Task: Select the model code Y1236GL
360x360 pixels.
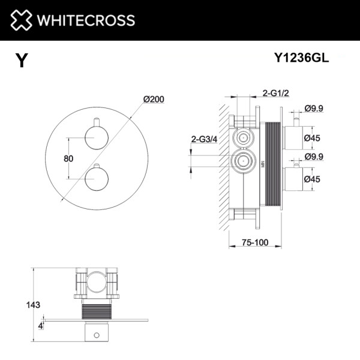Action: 301,59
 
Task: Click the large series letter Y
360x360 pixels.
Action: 22,61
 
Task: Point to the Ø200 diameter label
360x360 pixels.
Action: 154,100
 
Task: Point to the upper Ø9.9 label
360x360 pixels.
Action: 314,109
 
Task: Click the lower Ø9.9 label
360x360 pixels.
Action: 314,157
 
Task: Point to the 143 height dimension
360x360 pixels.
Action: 34,305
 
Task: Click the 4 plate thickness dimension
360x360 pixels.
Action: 40,326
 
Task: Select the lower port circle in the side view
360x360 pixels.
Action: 244,160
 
